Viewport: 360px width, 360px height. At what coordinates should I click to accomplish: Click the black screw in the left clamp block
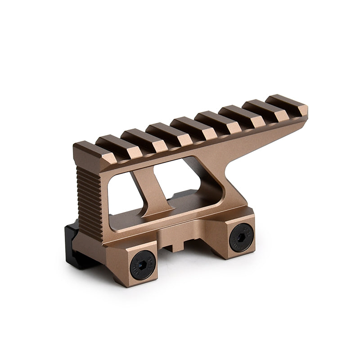143,265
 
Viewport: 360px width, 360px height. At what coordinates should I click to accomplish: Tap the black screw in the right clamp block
241,237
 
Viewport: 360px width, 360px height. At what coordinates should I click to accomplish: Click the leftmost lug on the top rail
92,151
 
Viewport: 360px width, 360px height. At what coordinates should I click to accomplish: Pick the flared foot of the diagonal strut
157,211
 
